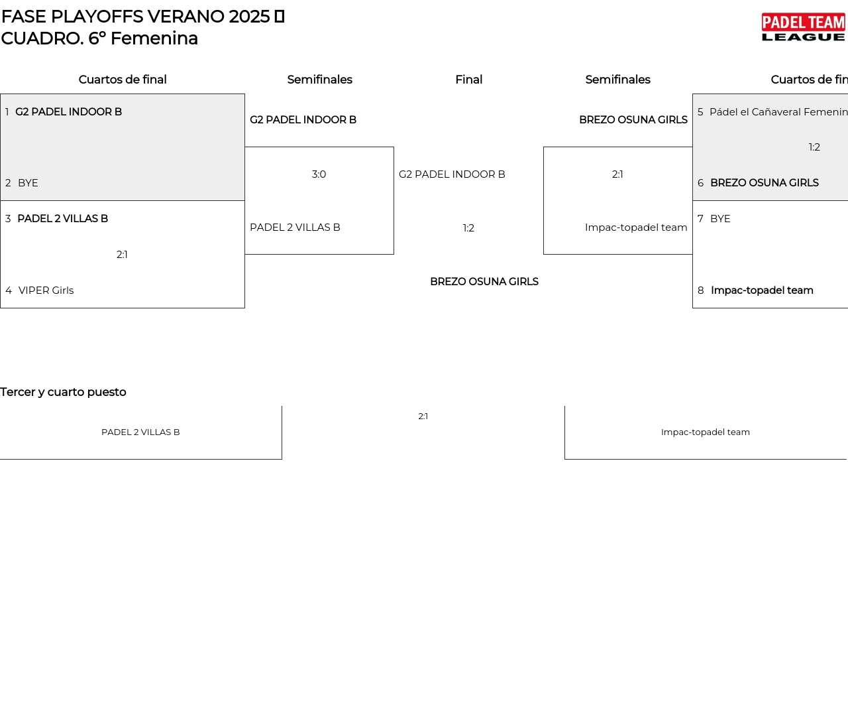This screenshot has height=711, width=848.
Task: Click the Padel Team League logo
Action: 803,27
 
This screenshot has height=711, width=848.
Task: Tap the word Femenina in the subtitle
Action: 154,38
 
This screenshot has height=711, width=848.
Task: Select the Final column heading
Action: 468,80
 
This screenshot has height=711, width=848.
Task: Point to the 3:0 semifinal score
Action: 319,174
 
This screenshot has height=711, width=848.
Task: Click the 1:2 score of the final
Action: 468,228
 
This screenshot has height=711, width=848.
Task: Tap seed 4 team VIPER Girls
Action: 46,291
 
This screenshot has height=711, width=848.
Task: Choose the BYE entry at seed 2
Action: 28,183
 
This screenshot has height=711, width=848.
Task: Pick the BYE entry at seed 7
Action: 720,219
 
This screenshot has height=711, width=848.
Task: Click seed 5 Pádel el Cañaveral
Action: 778,112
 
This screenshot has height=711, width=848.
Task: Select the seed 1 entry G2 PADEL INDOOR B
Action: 69,112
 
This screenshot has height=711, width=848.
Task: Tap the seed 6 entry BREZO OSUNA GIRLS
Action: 765,183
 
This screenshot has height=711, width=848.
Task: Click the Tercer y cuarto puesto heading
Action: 63,392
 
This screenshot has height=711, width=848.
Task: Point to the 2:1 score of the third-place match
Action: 423,417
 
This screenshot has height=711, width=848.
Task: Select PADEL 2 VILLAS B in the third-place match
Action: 140,432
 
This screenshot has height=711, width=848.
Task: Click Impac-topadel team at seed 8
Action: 762,291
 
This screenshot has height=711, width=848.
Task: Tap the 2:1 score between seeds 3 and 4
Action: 122,255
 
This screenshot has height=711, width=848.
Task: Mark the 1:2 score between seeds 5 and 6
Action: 814,147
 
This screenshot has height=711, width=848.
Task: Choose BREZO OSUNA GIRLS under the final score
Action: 484,282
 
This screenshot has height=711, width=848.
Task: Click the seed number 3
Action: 8,219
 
